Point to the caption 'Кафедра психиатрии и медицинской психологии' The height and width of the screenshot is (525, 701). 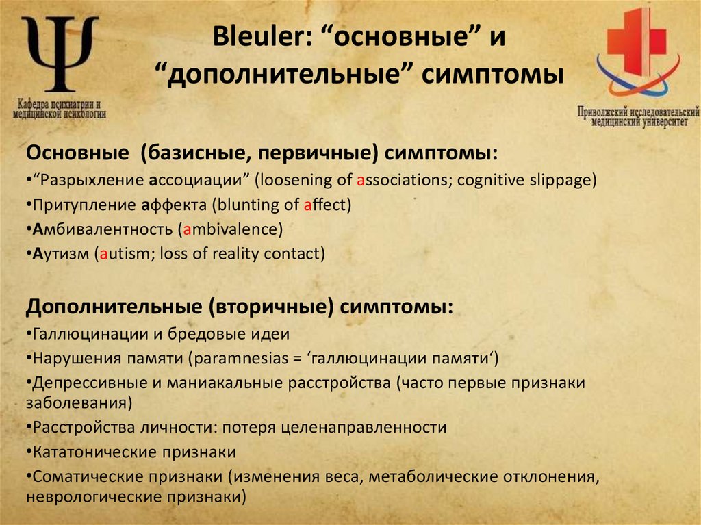(60, 109)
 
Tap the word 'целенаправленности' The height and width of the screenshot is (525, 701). (382, 427)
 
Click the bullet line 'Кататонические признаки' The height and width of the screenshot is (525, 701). (134, 452)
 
